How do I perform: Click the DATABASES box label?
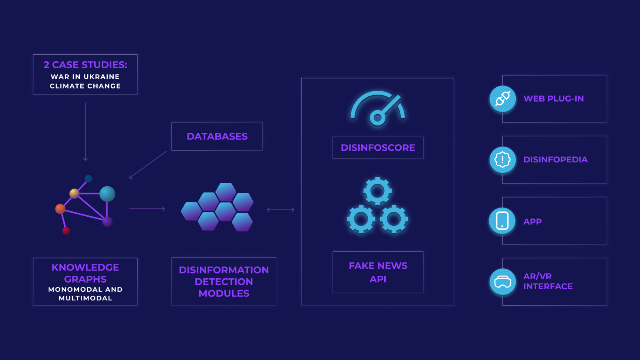pyautogui.click(x=217, y=136)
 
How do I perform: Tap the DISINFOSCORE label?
pyautogui.click(x=378, y=148)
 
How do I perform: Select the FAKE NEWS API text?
pyautogui.click(x=378, y=272)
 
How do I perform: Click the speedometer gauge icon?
pyautogui.click(x=378, y=108)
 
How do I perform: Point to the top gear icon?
pyautogui.click(x=377, y=191)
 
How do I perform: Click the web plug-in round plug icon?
pyautogui.click(x=502, y=99)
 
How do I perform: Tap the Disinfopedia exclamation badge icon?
pyautogui.click(x=502, y=160)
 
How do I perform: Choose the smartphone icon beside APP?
pyautogui.click(x=502, y=221)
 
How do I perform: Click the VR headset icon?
pyautogui.click(x=502, y=282)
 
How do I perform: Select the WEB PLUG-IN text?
pyautogui.click(x=553, y=99)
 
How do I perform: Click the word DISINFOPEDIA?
pyautogui.click(x=555, y=160)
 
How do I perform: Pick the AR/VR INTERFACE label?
pyautogui.click(x=548, y=281)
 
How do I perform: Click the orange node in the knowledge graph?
pyautogui.click(x=60, y=209)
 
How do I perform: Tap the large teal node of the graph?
pyautogui.click(x=107, y=194)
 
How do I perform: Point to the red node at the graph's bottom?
pyautogui.click(x=66, y=231)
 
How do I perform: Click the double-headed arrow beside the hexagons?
pyautogui.click(x=281, y=210)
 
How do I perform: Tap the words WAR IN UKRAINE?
pyautogui.click(x=85, y=77)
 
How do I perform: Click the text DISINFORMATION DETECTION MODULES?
pyautogui.click(x=224, y=282)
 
